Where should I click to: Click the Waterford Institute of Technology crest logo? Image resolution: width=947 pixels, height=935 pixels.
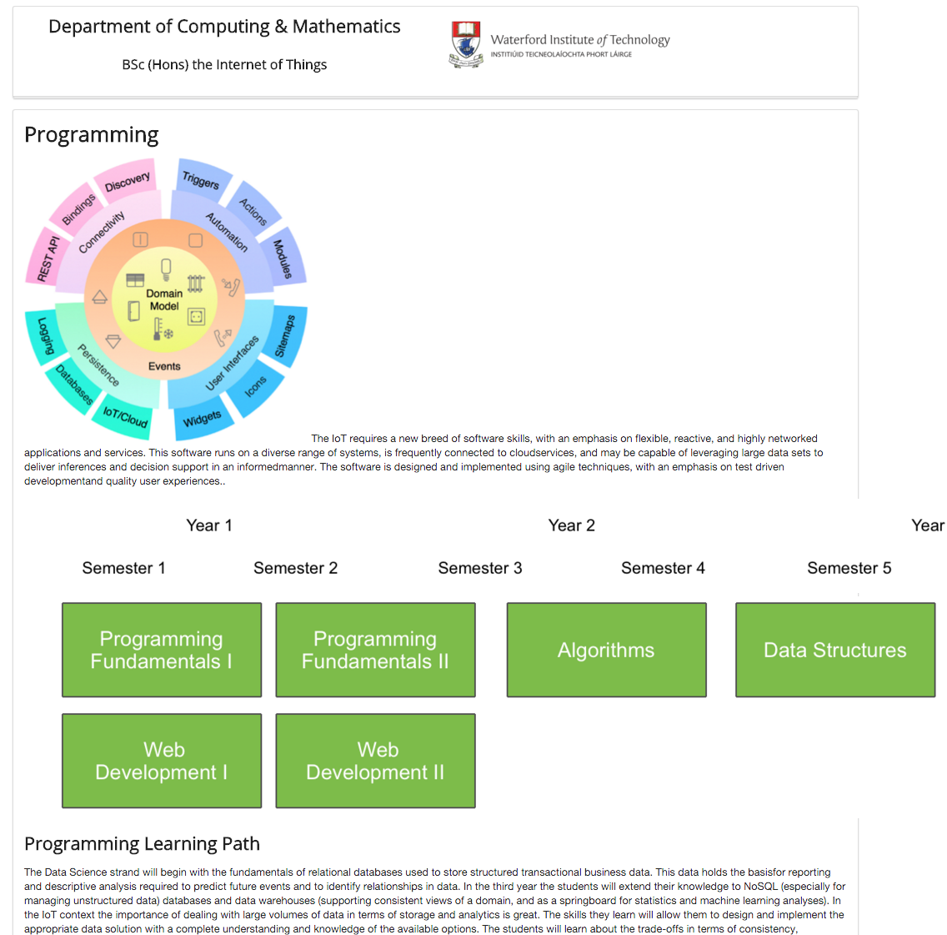point(466,44)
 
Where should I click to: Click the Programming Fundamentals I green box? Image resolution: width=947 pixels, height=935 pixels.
point(162,650)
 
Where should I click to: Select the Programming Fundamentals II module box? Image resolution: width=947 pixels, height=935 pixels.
point(375,650)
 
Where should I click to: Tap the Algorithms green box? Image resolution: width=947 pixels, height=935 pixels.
point(606,650)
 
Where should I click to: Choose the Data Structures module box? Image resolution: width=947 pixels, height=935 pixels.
point(834,650)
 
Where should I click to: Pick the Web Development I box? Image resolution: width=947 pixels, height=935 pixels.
point(162,761)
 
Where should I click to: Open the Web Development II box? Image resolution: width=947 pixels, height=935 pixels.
point(375,761)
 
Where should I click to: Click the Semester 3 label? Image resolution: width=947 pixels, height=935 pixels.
point(480,568)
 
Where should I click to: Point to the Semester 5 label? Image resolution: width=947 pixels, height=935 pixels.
point(849,568)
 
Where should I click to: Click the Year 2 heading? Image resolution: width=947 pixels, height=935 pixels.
point(571,525)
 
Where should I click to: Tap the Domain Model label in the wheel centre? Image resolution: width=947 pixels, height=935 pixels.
point(164,299)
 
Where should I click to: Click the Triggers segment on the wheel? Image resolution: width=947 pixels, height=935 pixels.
point(201,180)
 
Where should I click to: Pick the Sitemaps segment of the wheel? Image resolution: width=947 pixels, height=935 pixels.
point(285,335)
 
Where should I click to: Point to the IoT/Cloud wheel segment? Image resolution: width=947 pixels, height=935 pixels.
point(125,415)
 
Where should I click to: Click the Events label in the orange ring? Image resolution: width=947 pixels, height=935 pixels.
point(164,366)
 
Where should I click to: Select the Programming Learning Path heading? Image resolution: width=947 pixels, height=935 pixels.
point(142,844)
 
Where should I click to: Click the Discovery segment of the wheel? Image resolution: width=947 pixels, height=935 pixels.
point(128,181)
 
